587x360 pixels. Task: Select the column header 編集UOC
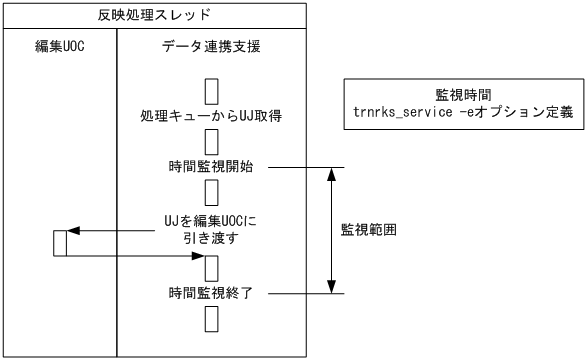point(60,46)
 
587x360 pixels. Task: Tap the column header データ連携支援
point(210,46)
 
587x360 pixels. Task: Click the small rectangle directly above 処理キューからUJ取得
point(211,91)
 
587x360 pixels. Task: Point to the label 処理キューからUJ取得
point(210,116)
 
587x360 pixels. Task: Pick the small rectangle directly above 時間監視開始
point(211,140)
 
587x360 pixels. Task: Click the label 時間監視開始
point(210,166)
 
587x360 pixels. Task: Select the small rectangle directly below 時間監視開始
point(211,191)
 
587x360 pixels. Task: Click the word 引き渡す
point(210,239)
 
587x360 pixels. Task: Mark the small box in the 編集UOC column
point(60,243)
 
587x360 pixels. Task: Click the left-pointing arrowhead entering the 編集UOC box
point(72,231)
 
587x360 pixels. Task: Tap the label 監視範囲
point(370,228)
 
